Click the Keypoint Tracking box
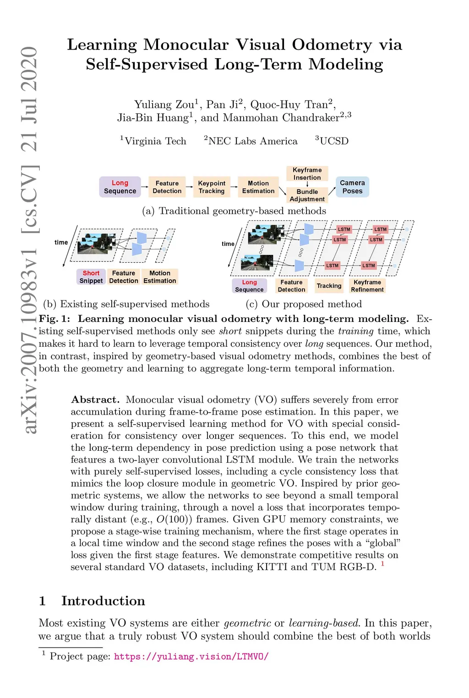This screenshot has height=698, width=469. (212, 187)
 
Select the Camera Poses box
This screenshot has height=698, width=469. (352, 187)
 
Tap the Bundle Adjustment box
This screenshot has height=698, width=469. (307, 195)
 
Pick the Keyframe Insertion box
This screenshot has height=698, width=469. (307, 174)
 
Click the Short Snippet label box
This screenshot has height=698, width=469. (91, 277)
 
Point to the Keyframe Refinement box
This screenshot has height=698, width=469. (367, 286)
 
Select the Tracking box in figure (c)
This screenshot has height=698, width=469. (329, 286)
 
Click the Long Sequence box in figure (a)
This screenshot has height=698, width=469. (120, 187)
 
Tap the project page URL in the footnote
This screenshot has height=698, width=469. (191, 657)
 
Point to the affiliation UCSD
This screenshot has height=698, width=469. (334, 141)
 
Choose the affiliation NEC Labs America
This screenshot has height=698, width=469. (253, 141)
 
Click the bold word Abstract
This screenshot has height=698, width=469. (95, 399)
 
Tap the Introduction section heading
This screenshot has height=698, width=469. (103, 601)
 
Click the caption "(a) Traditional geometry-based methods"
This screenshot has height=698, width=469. (234, 211)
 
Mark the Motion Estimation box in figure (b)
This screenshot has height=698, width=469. (159, 277)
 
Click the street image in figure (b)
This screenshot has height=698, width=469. (96, 244)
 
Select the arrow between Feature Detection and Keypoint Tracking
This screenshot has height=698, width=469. (189, 187)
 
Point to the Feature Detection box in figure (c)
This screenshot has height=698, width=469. (291, 286)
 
